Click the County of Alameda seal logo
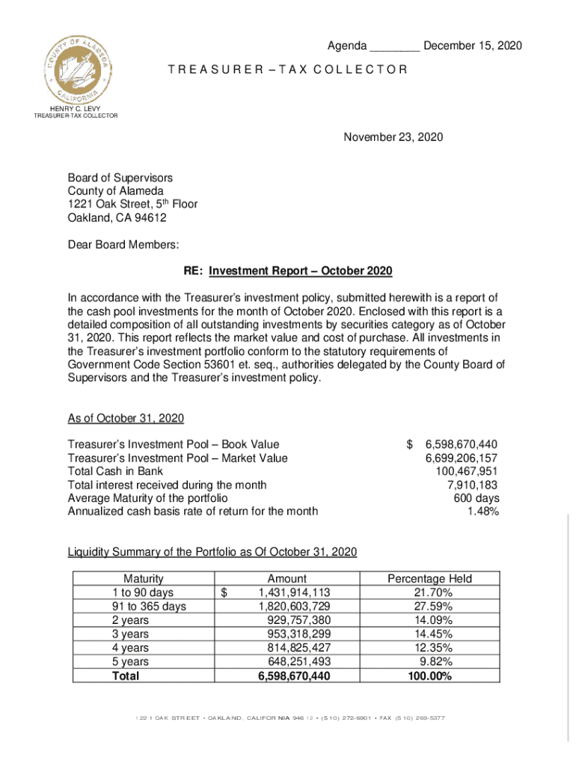78,69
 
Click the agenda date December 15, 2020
472,46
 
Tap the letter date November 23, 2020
393,137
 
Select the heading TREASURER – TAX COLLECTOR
287,70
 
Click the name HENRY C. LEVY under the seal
75,109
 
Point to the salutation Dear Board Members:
123,244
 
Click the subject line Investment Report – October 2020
301,270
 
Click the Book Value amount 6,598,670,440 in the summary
461,444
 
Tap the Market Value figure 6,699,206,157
461,458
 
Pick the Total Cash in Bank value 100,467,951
467,471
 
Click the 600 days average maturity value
476,498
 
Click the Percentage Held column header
429,578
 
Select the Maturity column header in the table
143,578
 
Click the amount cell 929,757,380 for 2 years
298,620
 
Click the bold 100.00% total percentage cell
429,676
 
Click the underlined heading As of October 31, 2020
126,418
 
